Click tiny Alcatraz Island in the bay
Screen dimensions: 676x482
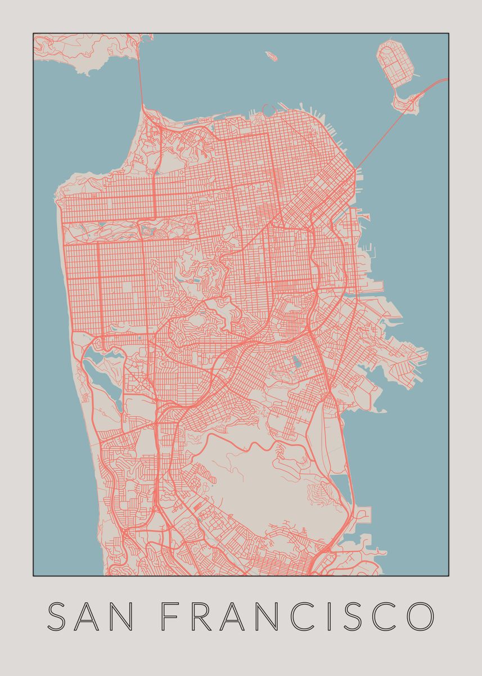coord(272,56)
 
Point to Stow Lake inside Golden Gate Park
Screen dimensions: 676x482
coord(148,230)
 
